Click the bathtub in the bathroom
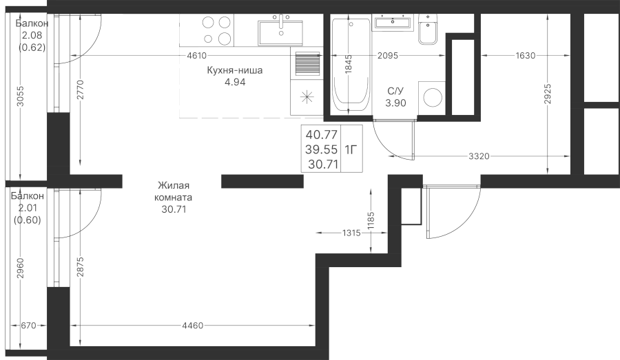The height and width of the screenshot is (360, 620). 350,65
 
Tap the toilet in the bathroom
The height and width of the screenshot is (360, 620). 428,30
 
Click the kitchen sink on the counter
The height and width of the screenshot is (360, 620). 280,30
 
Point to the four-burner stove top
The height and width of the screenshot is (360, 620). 217,30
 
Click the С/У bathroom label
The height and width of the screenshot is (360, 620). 395,91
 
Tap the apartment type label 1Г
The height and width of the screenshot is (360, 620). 351,149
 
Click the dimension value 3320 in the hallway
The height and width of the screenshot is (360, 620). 478,157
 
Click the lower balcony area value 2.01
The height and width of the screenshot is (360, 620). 28,209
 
